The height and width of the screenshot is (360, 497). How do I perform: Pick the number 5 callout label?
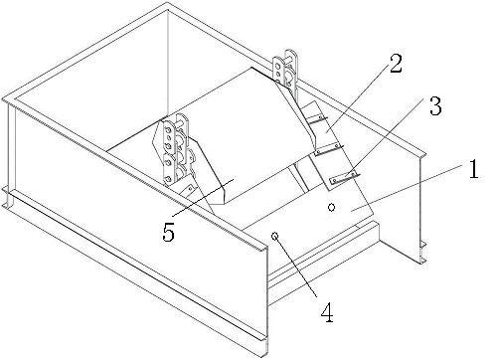click(169, 233)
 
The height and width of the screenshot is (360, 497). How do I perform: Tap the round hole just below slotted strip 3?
click(332, 208)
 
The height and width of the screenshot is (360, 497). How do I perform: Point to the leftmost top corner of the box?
click(5, 100)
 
